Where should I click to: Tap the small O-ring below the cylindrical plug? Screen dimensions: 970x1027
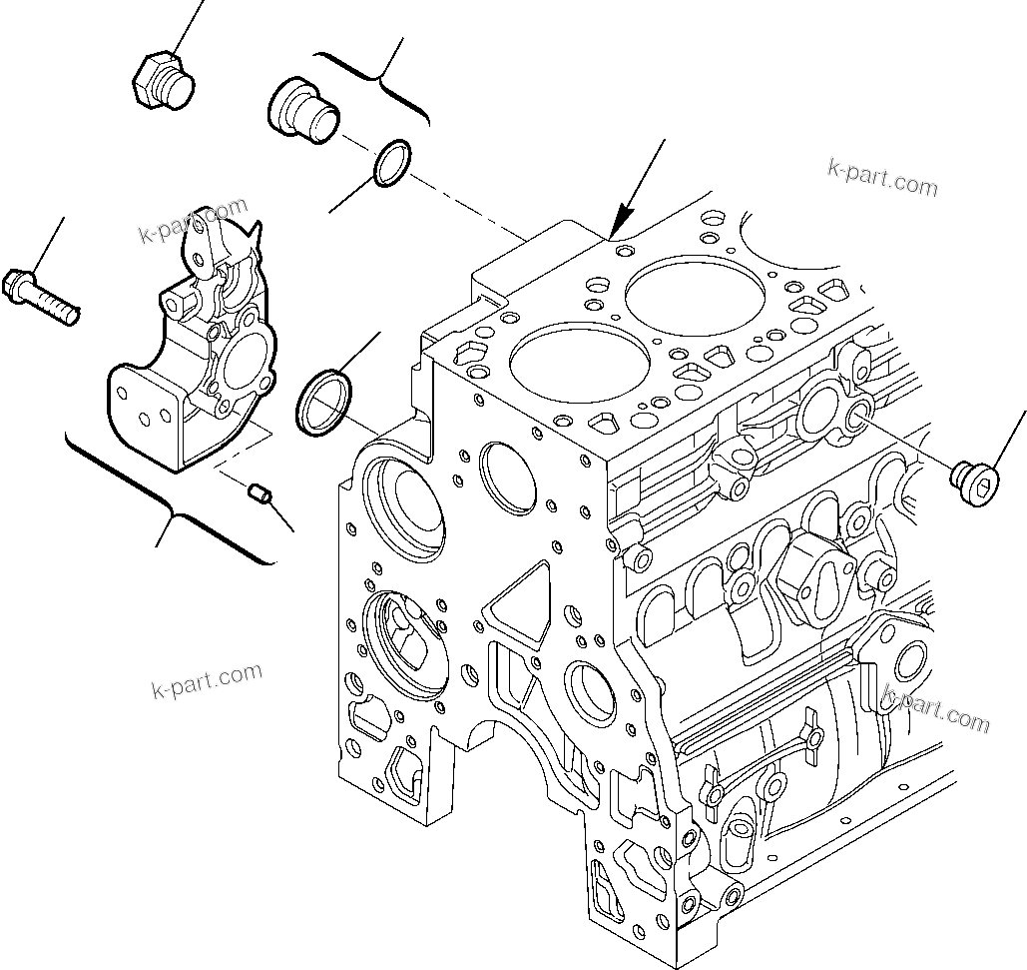point(391,162)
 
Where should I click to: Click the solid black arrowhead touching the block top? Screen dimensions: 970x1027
point(624,221)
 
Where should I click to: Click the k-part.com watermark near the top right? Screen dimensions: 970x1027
point(882,177)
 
